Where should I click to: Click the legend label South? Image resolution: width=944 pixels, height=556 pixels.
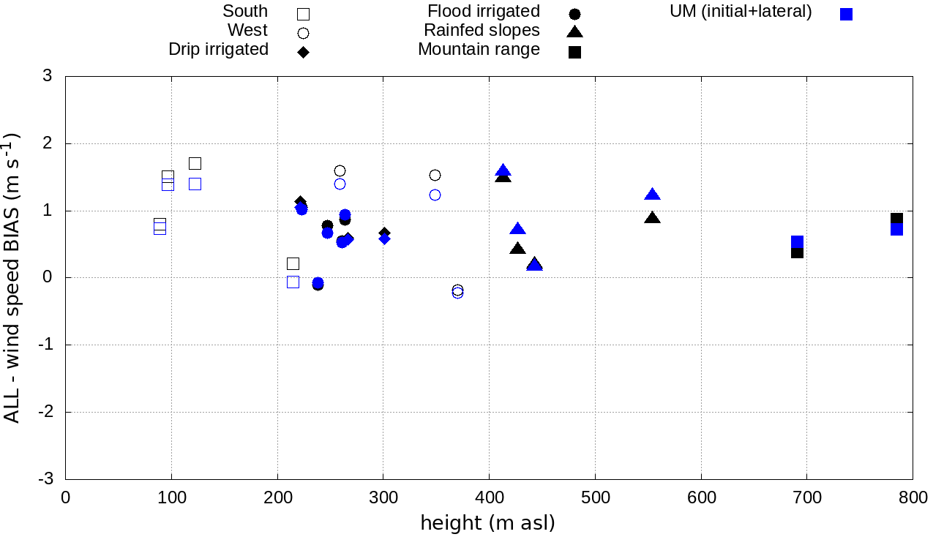(x=245, y=11)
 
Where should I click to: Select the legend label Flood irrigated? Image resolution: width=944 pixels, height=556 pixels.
(x=484, y=11)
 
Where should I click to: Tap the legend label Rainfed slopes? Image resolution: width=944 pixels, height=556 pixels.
(x=482, y=30)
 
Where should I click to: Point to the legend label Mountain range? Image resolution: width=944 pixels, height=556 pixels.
(x=479, y=49)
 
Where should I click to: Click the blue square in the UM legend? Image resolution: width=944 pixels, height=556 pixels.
(x=846, y=14)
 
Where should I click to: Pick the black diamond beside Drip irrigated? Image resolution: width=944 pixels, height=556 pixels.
(x=303, y=52)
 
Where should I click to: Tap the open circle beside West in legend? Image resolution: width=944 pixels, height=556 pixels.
(x=303, y=33)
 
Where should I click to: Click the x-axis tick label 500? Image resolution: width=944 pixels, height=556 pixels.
(x=595, y=498)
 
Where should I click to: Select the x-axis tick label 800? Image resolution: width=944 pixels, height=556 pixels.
(x=913, y=498)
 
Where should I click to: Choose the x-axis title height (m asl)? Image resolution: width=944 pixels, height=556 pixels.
(x=487, y=523)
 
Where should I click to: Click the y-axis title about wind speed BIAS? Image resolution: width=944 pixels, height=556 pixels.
(x=12, y=277)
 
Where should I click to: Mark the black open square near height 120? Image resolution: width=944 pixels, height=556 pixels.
(x=195, y=163)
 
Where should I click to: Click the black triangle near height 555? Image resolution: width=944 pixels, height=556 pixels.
(x=653, y=218)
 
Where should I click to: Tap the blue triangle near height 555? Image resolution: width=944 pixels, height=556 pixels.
(x=653, y=195)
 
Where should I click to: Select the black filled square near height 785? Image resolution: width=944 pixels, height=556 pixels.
(x=896, y=219)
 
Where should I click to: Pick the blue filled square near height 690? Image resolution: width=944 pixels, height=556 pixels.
(x=797, y=241)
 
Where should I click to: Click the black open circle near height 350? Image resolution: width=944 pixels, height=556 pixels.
(x=435, y=175)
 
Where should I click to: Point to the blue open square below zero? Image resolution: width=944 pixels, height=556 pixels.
(x=293, y=282)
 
